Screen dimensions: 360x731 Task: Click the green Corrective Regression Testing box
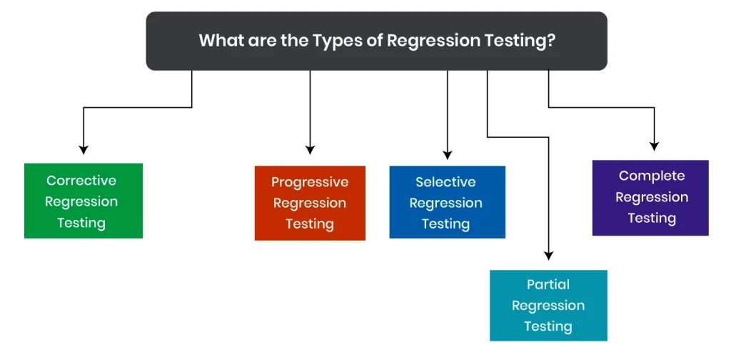pos(84,201)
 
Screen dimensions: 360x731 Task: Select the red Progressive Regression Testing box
pos(310,203)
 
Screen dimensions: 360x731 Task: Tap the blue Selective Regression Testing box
pos(447,202)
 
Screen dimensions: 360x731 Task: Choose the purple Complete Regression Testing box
pos(650,197)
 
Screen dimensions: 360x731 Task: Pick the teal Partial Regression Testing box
pos(548,305)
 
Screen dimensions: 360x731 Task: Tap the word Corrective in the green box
pos(81,181)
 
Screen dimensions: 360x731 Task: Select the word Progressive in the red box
pos(310,182)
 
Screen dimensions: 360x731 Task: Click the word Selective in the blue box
pos(446,182)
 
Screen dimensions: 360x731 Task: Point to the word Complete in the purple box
pos(652,176)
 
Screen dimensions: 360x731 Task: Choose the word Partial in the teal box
pos(548,284)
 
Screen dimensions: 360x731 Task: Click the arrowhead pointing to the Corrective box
pos(84,149)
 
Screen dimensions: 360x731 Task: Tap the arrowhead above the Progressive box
pos(310,149)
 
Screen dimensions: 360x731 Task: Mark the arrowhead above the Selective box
pos(448,154)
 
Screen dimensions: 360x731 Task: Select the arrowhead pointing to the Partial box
pos(548,255)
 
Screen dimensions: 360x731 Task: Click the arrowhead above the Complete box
pos(654,146)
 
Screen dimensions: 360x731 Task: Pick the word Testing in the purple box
pos(652,218)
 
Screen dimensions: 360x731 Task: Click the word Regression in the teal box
pos(548,306)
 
